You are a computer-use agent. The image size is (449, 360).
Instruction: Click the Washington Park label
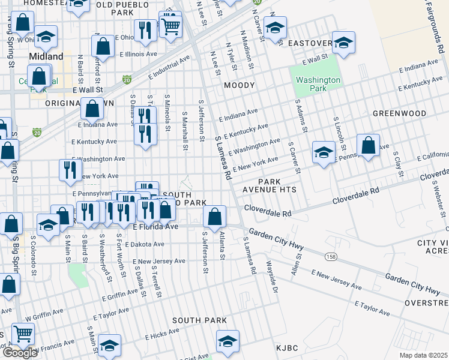[318, 84]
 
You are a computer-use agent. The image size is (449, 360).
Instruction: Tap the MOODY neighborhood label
[240, 86]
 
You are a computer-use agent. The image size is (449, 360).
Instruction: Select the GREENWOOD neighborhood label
[399, 113]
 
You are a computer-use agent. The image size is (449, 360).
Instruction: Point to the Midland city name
[46, 56]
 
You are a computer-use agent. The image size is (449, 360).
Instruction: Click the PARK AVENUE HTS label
[278, 185]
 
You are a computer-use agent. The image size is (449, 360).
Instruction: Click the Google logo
[20, 353]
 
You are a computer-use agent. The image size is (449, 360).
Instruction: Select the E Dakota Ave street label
[141, 244]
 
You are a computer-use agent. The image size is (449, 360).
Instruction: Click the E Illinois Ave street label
[138, 53]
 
